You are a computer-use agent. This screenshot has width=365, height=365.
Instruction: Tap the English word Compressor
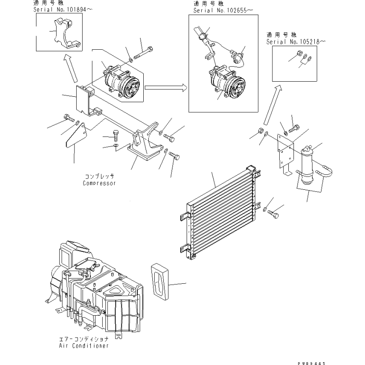(99, 183)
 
